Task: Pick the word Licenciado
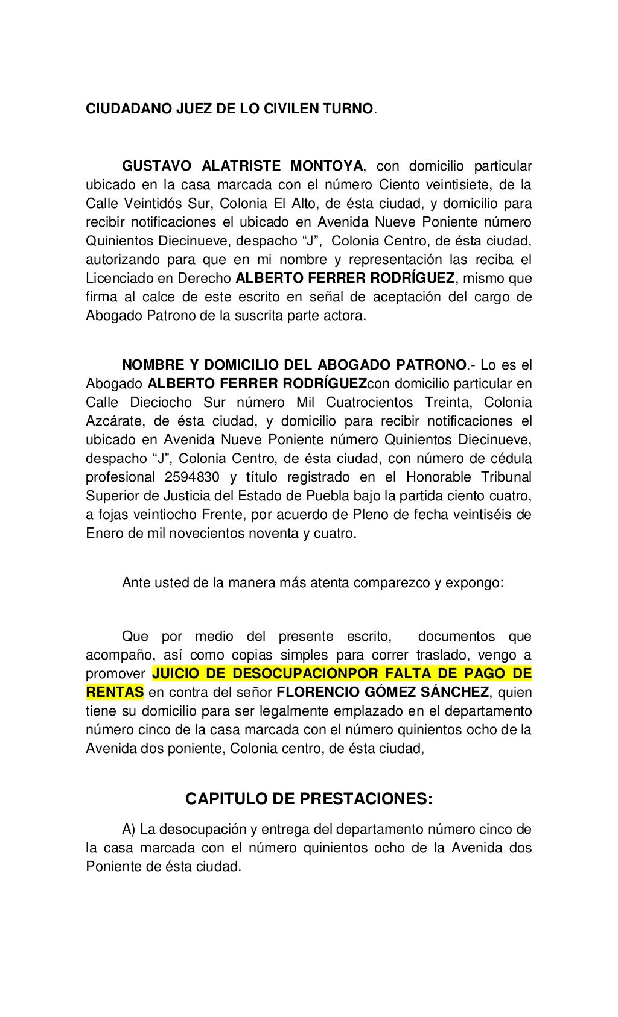(x=116, y=279)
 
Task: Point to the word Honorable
(x=438, y=477)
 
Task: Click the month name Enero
(x=104, y=534)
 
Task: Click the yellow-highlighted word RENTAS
(x=115, y=692)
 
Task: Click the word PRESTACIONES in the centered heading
(x=363, y=799)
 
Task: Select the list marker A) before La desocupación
(x=129, y=830)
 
